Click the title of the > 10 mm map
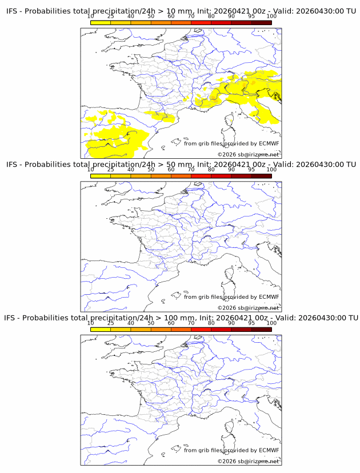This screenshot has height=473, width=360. (181, 11)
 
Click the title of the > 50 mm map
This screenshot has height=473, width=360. (181, 164)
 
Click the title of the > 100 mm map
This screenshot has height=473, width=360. (181, 317)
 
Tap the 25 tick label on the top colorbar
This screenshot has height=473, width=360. (111, 17)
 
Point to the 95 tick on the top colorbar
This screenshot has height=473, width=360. (251, 17)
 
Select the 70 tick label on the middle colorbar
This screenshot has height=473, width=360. (191, 170)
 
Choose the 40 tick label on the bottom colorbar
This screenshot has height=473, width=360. (131, 323)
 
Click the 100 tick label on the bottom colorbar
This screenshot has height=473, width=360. (271, 323)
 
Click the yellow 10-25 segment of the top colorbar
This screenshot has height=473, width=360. (101, 22)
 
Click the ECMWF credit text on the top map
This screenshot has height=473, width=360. (231, 143)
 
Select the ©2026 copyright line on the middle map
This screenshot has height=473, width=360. (248, 308)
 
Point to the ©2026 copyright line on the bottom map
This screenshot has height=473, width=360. (248, 461)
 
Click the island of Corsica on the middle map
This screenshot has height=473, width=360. (230, 274)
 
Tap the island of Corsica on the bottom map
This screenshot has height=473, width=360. (230, 427)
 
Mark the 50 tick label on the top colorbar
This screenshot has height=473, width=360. (151, 17)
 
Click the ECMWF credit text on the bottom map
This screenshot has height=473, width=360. (231, 450)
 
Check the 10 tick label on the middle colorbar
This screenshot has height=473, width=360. (91, 170)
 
